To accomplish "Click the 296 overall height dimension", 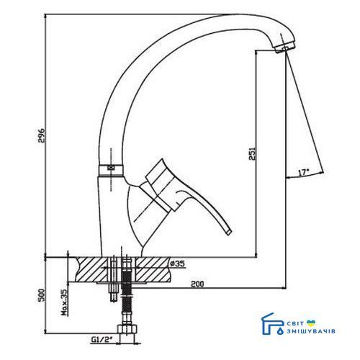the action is pos(42,135).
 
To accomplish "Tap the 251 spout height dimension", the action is pos(252,153).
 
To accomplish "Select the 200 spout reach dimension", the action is pos(197,284).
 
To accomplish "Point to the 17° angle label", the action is pos(303,172).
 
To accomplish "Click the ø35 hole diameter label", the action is pos(177,264).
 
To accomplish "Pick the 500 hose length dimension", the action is pos(42,295).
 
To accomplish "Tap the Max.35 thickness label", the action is pos(64,302).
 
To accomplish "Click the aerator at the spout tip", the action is pos(285,48).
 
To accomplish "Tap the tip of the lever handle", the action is pos(230,232).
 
